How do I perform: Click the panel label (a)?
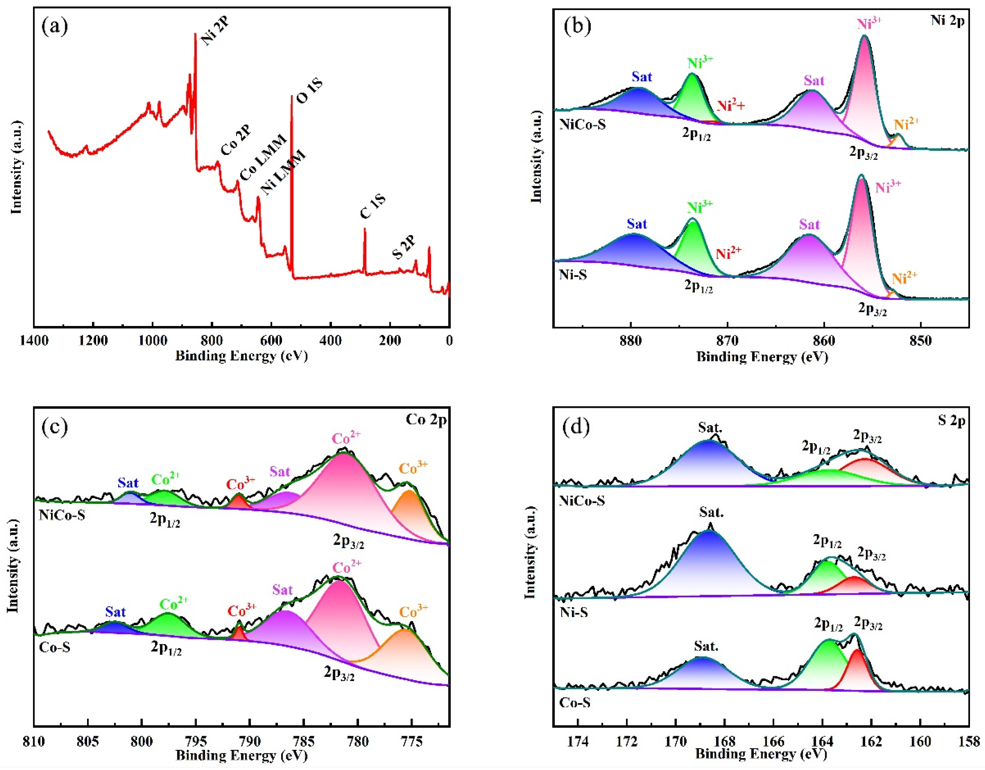pos(55,27)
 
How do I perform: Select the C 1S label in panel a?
pos(372,207)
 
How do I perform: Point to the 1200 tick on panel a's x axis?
pos(93,341)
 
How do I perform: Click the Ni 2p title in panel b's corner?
pos(947,21)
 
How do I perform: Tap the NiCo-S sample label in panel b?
pos(582,124)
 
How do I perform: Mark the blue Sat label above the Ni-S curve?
pos(637,224)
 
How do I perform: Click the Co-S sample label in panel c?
pos(55,647)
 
